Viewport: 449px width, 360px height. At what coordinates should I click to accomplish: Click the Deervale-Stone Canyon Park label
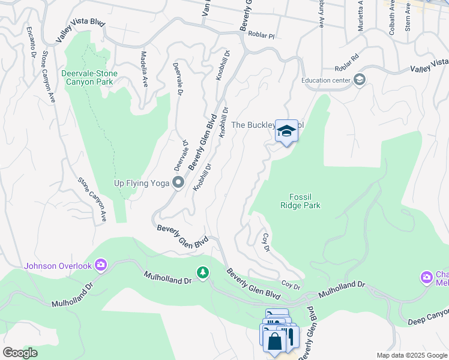[x=89, y=77]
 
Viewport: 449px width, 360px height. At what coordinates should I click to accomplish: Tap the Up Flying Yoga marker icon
[x=178, y=182]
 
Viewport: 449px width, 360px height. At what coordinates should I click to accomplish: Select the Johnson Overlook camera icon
[x=100, y=265]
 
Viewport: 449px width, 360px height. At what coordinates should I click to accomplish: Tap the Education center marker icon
[x=359, y=80]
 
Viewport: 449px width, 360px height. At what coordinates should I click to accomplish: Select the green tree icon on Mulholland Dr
[x=203, y=273]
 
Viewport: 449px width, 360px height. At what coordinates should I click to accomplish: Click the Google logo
[x=20, y=353]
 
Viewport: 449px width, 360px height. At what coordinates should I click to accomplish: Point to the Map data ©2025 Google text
[x=411, y=355]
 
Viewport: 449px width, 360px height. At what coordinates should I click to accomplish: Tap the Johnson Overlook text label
[x=58, y=266]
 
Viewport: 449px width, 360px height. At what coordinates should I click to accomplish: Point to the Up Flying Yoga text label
[x=142, y=183]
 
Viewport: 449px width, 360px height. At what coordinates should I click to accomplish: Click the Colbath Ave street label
[x=392, y=18]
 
